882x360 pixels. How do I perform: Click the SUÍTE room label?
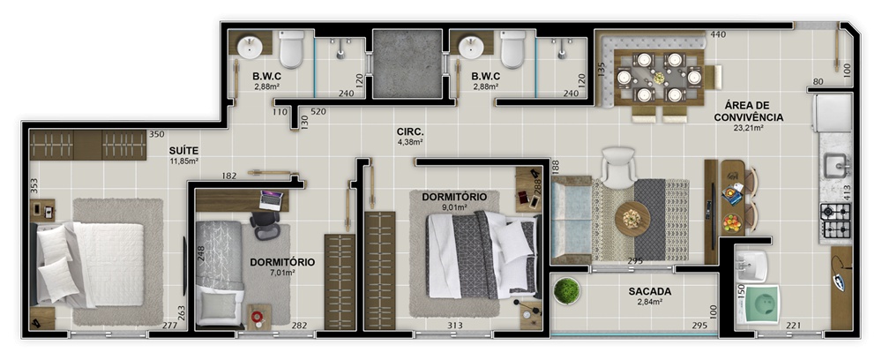(x=184, y=151)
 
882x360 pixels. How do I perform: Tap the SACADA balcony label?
(x=650, y=292)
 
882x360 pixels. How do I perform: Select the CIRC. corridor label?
(x=411, y=132)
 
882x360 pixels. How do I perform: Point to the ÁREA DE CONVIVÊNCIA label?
(x=749, y=111)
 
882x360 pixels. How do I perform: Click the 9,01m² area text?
(x=454, y=206)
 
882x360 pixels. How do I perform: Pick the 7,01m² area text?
(x=281, y=273)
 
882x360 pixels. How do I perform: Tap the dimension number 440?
(x=718, y=34)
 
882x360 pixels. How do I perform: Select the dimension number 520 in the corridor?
(x=318, y=111)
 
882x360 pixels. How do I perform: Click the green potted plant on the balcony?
(x=566, y=291)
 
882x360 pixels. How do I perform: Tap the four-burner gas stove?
(x=836, y=220)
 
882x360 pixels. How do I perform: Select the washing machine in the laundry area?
(x=758, y=305)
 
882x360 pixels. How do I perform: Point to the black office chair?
(x=265, y=225)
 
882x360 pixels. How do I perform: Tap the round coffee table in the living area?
(x=632, y=218)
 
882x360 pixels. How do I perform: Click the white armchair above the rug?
(x=618, y=167)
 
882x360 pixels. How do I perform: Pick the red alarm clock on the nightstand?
(x=257, y=318)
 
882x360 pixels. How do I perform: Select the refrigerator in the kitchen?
(x=832, y=113)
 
